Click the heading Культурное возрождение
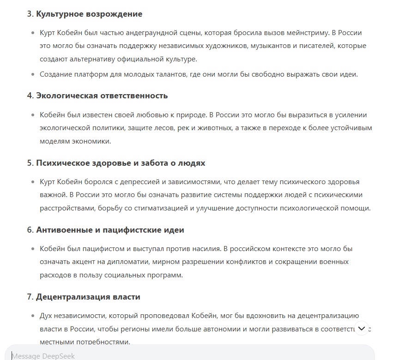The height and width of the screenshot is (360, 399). click(x=89, y=14)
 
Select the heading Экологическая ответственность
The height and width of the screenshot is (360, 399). click(x=102, y=96)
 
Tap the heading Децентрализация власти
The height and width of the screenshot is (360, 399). click(x=88, y=297)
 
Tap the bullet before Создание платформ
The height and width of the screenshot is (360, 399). click(x=32, y=74)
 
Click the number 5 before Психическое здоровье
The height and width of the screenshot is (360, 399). click(x=29, y=163)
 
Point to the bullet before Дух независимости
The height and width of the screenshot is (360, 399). click(x=32, y=316)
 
